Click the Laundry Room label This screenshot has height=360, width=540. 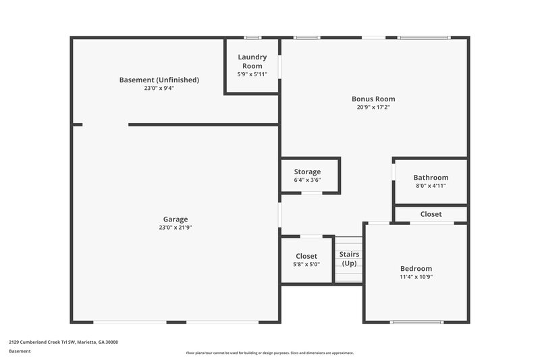tap(252, 61)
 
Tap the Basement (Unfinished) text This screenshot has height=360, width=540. tap(159, 80)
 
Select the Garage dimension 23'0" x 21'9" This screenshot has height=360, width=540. tap(175, 228)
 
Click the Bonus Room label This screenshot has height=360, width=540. tap(373, 99)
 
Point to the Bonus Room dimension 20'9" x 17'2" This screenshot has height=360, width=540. tap(373, 107)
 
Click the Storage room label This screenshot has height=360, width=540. tap(307, 172)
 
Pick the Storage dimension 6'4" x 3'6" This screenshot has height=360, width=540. tap(307, 180)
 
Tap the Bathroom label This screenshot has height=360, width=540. tap(431, 178)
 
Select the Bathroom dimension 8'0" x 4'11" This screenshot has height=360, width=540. tap(431, 186)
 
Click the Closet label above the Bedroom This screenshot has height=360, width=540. tap(431, 214)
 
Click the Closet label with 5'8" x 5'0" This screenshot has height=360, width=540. tap(306, 256)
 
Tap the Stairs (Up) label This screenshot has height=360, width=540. tap(350, 259)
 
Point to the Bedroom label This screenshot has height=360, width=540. tap(416, 268)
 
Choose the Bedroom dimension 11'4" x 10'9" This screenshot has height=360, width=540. tap(416, 277)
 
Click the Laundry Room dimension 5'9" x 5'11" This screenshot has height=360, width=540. tap(252, 74)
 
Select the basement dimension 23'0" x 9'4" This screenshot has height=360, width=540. tap(159, 88)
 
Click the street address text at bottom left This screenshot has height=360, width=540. tap(63, 342)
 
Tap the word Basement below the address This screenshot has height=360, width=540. tap(20, 351)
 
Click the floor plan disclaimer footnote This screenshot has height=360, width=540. tap(269, 353)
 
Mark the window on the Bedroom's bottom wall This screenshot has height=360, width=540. tap(416, 322)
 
